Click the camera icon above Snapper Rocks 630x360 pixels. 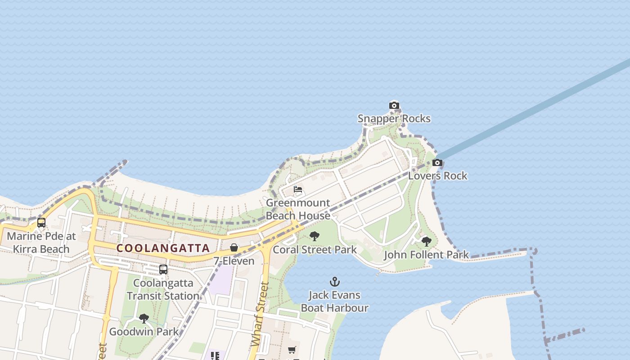(x=394, y=106)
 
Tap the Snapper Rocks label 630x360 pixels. (x=394, y=119)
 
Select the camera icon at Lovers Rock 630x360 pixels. (x=437, y=162)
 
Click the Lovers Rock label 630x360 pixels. (x=437, y=176)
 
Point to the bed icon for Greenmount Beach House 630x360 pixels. (x=297, y=189)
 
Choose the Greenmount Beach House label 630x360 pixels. (x=298, y=209)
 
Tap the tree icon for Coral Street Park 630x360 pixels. (x=315, y=236)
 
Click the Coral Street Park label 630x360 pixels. (x=315, y=250)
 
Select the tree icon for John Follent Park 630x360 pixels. (x=426, y=242)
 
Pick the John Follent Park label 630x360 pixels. (x=426, y=255)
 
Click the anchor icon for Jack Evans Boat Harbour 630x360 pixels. (x=334, y=282)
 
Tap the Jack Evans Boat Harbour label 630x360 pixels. (x=334, y=301)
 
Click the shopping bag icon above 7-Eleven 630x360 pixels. (x=234, y=247)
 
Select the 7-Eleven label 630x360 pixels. (x=234, y=261)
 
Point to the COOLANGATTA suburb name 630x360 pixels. (x=163, y=248)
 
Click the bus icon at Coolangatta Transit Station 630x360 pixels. (x=163, y=270)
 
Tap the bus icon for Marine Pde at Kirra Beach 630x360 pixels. (x=41, y=222)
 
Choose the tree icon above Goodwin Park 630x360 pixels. (x=144, y=319)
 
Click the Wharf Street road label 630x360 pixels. (x=260, y=314)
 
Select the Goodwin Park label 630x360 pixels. (x=144, y=332)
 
